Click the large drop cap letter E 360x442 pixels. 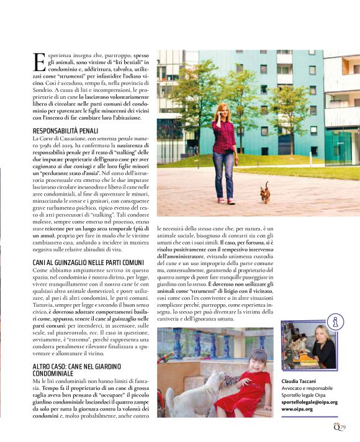pos(39,61)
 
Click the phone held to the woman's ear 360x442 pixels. pos(219,116)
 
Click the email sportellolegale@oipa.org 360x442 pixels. pos(309,402)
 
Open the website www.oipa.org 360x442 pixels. pos(297,409)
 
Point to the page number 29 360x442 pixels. pos(342,426)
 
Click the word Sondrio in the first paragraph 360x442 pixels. pos(43,89)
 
